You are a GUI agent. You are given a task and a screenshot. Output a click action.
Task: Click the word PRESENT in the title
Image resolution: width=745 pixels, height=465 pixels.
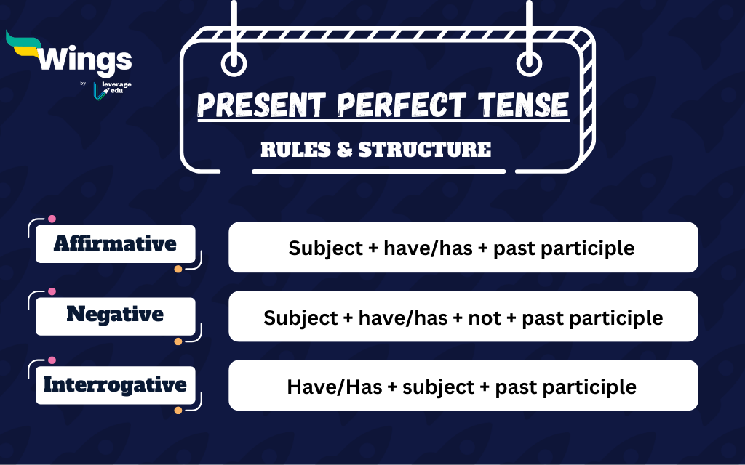pyautogui.click(x=255, y=106)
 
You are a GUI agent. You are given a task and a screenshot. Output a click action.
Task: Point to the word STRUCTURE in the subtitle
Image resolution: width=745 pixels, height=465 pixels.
pyautogui.click(x=424, y=150)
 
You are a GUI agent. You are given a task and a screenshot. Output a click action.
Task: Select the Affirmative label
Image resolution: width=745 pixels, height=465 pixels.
pyautogui.click(x=115, y=243)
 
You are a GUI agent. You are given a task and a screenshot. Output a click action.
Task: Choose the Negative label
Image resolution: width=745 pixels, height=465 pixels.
pyautogui.click(x=115, y=314)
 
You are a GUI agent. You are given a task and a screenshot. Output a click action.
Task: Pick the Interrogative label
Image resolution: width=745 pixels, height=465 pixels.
pyautogui.click(x=115, y=384)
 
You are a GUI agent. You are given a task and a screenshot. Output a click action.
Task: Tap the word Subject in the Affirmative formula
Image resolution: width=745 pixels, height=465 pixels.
pyautogui.click(x=321, y=248)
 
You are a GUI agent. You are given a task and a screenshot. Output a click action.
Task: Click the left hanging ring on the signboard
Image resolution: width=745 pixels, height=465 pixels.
pyautogui.click(x=234, y=64)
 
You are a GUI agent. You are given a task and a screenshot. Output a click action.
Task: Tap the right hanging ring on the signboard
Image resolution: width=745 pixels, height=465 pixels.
pyautogui.click(x=529, y=64)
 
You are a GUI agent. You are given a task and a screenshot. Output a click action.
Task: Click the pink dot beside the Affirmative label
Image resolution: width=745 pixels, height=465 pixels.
pyautogui.click(x=52, y=219)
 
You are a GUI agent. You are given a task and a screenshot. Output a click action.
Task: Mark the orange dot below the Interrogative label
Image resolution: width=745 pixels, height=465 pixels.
pyautogui.click(x=178, y=411)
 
